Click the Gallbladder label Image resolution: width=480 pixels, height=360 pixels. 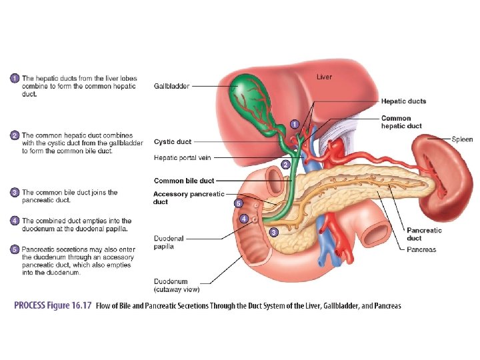(x=171, y=86)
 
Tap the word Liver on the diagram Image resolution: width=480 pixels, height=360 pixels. (x=324, y=77)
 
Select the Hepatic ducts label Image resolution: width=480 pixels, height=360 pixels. (x=403, y=101)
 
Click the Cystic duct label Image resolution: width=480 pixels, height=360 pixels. (x=172, y=141)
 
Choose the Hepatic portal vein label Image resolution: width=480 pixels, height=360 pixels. (x=181, y=158)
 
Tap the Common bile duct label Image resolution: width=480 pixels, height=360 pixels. (x=184, y=181)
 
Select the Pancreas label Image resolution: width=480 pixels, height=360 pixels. (x=421, y=250)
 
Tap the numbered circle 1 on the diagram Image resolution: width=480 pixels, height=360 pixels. (x=294, y=123)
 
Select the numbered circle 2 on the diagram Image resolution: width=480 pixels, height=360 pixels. (x=285, y=164)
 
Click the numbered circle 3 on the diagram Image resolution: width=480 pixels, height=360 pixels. (x=273, y=232)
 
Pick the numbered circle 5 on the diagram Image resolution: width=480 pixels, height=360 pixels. (x=238, y=203)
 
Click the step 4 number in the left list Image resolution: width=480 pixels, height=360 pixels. (x=15, y=221)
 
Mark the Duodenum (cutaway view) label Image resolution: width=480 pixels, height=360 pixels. (x=176, y=285)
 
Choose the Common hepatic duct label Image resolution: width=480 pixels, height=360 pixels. (x=401, y=122)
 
